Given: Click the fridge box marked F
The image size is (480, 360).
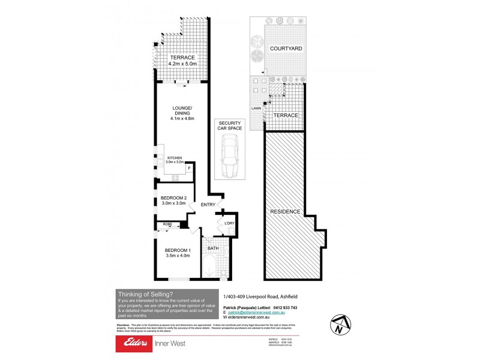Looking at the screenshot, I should pos(190,169).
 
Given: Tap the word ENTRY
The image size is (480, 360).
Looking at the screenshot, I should pos(208,205).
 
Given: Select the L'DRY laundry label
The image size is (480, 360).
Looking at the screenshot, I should pos(229,224).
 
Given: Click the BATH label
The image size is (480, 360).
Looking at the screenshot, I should pos(213,248).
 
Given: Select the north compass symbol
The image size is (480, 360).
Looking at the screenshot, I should pos(338,325).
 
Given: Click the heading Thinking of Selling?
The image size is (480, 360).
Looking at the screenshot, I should pos(146,294).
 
